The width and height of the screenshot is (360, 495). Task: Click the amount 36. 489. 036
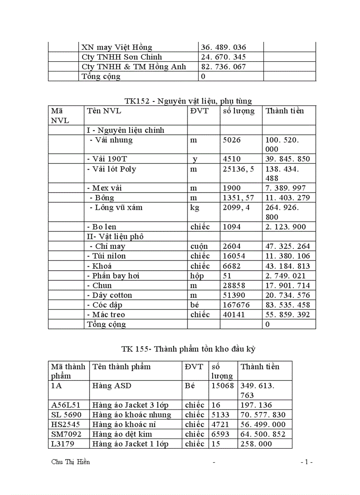click(x=223, y=47)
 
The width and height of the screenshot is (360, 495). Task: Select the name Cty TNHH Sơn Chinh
click(x=122, y=57)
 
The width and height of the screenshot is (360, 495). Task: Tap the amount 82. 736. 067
click(x=223, y=67)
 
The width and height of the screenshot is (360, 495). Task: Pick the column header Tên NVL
click(x=104, y=111)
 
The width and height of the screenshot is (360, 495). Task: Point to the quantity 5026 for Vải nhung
click(x=232, y=140)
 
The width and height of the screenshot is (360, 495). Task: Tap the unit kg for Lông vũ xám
click(x=195, y=208)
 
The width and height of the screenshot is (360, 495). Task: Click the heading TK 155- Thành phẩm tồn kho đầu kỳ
click(x=188, y=349)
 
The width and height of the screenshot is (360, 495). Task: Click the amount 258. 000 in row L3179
click(x=256, y=444)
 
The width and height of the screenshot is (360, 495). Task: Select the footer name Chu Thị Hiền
click(x=71, y=462)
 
